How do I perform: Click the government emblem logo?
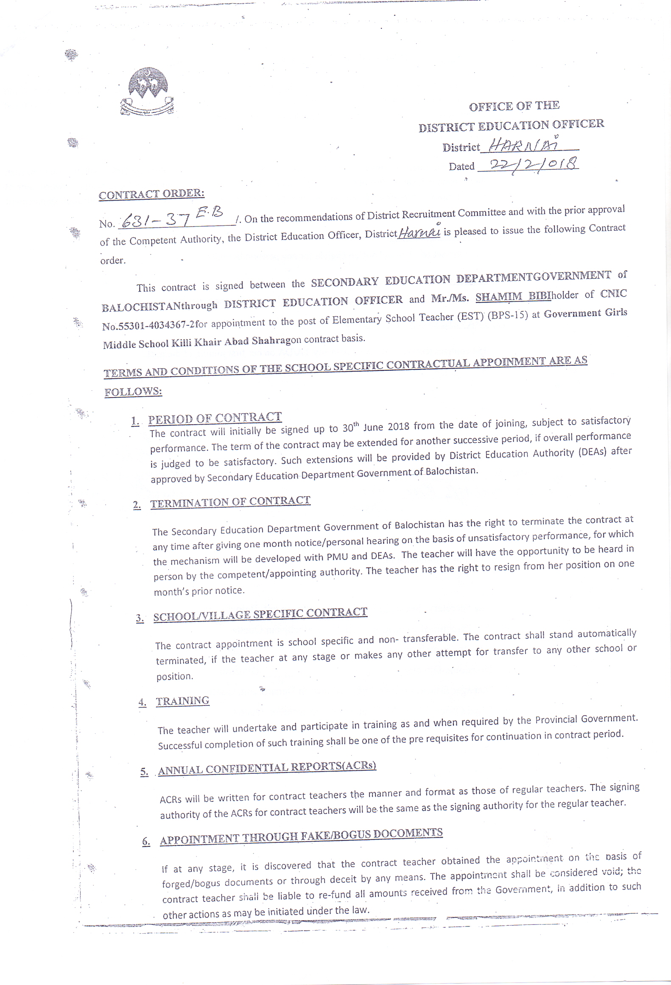(147, 92)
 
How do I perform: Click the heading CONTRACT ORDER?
(151, 194)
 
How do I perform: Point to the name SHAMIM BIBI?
(513, 296)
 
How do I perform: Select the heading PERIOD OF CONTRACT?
(215, 418)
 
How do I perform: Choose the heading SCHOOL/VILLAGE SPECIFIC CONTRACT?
(260, 614)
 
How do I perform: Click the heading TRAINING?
(182, 701)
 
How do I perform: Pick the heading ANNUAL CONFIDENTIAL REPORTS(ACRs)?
(267, 768)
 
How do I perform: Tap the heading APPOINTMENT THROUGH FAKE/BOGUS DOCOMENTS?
(301, 836)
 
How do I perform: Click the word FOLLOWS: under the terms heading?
(133, 392)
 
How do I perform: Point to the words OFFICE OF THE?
(514, 106)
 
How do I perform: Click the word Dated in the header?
(461, 166)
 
